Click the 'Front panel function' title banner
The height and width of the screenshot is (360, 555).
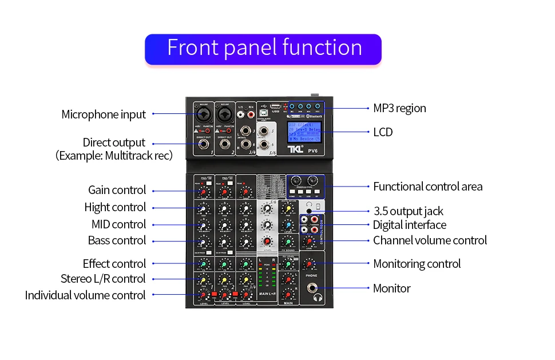pos(264,48)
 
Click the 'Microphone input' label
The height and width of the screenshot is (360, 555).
pos(104,114)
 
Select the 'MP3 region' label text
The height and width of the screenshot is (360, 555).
pos(399,108)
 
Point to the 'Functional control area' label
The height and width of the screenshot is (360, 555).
pos(427,187)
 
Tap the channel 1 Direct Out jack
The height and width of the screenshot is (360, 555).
pos(203,146)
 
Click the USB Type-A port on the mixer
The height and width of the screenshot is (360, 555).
pos(275,108)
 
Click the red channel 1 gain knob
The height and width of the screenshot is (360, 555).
pos(203,191)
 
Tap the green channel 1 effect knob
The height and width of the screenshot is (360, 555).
pos(203,264)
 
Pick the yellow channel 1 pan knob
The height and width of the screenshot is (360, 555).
pos(203,280)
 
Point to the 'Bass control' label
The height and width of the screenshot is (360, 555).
pos(117,240)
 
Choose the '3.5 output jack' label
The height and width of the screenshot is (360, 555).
pos(408,212)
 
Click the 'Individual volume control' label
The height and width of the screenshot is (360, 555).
pos(85,295)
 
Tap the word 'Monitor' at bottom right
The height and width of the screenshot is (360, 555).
pos(392,288)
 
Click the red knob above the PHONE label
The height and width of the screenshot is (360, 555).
pos(309,264)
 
